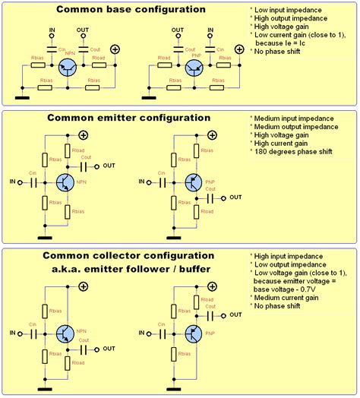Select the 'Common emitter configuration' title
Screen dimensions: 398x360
[x=128, y=118]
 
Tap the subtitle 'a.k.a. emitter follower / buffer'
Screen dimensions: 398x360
[x=127, y=268]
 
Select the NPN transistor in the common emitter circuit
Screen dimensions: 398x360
[x=65, y=182]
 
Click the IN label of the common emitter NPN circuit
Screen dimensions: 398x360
[x=12, y=183]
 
